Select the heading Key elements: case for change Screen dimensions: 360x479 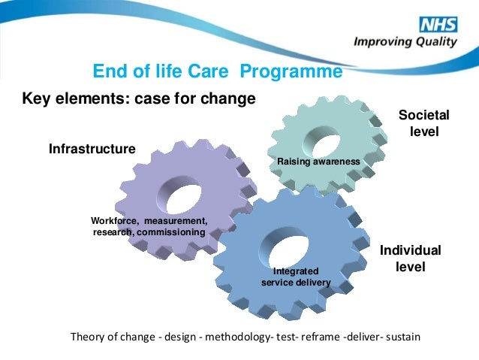click(139, 98)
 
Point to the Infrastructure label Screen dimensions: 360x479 click(92, 149)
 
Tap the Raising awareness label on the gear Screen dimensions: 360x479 click(319, 162)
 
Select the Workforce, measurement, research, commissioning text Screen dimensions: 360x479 click(149, 226)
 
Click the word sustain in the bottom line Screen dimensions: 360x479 click(403, 336)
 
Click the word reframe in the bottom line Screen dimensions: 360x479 click(319, 336)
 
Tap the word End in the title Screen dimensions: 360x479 click(107, 71)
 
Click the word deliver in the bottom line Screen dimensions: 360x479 click(363, 336)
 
